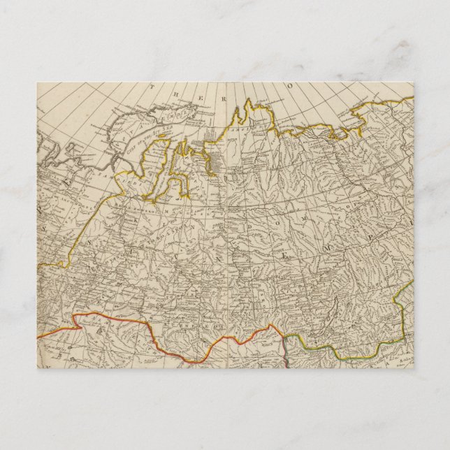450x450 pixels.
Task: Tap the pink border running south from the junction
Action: [x=287, y=353]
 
